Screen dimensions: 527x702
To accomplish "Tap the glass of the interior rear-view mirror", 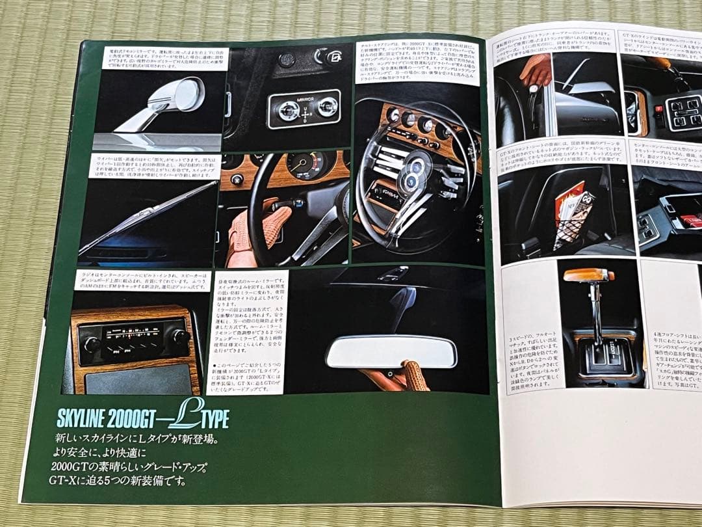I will pyautogui.click(x=391, y=352).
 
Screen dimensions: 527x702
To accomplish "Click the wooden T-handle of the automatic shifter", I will pyautogui.click(x=588, y=275).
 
